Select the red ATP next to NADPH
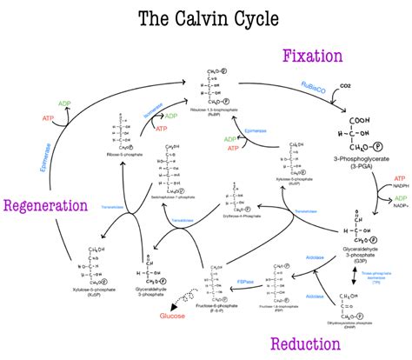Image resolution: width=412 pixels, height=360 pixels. pyautogui.click(x=385, y=178)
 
